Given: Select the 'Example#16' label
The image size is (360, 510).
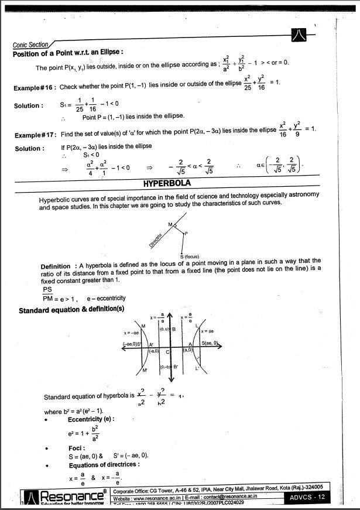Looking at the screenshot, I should click(x=35, y=87).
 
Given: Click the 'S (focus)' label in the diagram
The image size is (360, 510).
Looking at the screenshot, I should click(x=190, y=256).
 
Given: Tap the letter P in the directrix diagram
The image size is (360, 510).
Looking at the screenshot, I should click(x=186, y=234).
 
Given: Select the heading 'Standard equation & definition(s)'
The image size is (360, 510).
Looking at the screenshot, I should click(x=71, y=309).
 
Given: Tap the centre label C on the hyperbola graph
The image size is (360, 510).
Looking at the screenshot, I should click(x=167, y=351).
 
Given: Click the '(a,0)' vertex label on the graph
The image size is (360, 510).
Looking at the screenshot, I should click(x=188, y=350).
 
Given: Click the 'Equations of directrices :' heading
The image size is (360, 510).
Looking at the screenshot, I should click(x=104, y=464).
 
